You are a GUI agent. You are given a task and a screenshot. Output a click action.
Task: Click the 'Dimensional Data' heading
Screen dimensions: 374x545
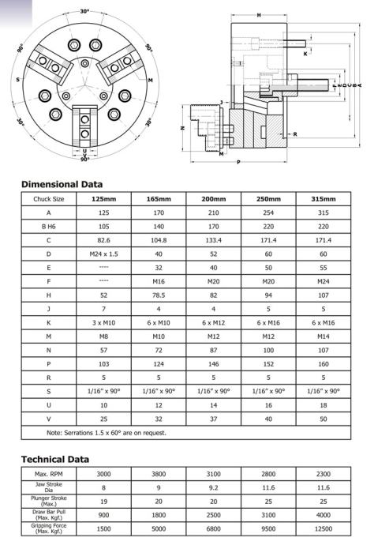pos(62,184)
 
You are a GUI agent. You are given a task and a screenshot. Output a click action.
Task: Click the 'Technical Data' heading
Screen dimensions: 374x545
pos(55,459)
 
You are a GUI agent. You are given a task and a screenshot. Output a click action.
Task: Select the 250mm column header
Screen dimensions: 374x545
pos(268,199)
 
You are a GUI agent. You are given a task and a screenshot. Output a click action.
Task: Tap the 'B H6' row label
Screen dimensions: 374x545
pos(49,227)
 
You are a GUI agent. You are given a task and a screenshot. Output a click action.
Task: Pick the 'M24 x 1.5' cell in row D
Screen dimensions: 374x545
pos(103,254)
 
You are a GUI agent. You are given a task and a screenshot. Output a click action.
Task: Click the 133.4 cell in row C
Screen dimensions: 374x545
pos(213,240)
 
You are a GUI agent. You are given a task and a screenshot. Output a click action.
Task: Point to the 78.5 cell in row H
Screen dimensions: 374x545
pos(159,295)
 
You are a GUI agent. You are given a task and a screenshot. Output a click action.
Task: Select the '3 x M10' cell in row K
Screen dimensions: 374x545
pos(103,323)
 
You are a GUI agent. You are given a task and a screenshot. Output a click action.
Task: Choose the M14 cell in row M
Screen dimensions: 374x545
pos(323,336)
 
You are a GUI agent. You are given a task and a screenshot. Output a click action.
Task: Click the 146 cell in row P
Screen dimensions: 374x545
pos(213,364)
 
